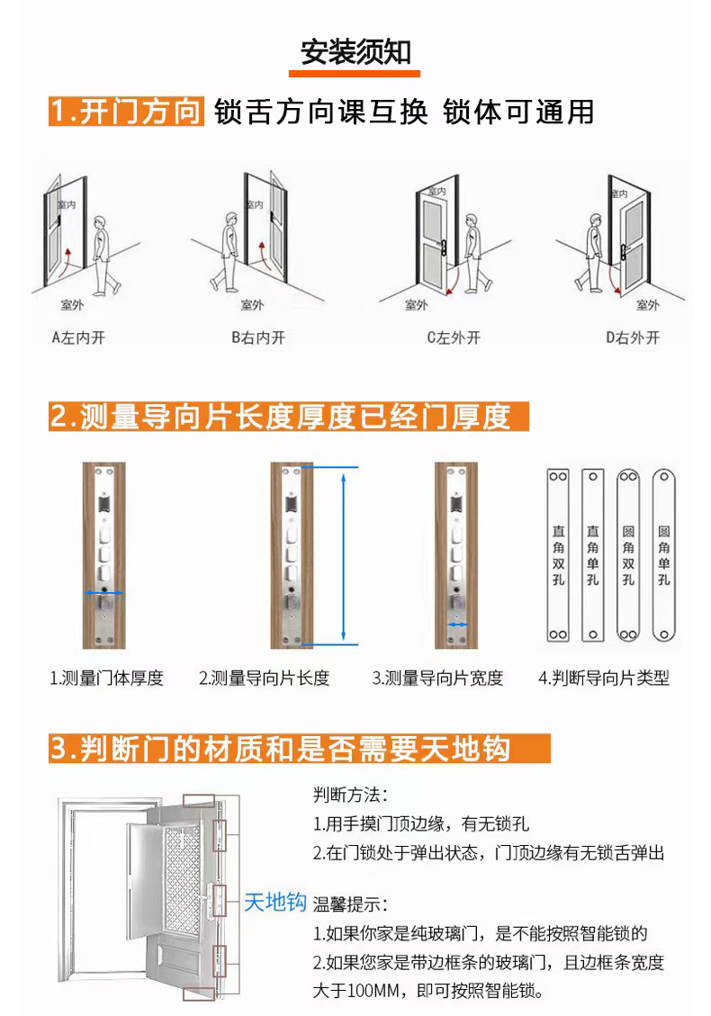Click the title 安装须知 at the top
[355, 51]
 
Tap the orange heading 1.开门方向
[125, 112]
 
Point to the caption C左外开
[454, 337]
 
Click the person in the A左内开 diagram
[105, 250]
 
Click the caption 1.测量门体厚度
[106, 678]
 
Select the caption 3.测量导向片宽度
[437, 678]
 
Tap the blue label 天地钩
[275, 902]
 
